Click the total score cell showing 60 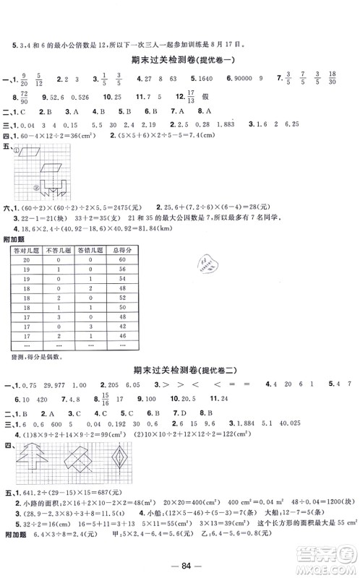(x=121, y=259)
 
